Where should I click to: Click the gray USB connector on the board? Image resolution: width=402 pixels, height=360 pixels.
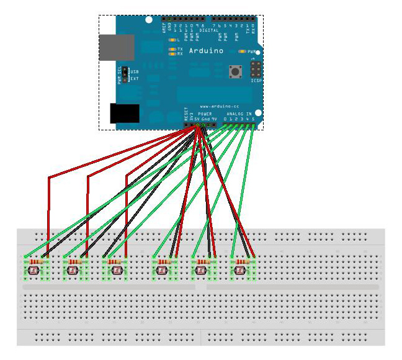pyautogui.click(x=117, y=48)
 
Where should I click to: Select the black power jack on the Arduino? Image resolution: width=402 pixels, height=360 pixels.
pyautogui.click(x=124, y=114)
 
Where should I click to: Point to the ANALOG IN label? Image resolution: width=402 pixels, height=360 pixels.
pyautogui.click(x=239, y=114)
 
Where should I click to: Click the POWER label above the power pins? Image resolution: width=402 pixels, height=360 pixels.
pyautogui.click(x=205, y=114)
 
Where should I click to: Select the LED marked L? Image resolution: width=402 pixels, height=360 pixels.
pyautogui.click(x=171, y=40)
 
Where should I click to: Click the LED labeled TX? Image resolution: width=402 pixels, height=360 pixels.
pyautogui.click(x=171, y=48)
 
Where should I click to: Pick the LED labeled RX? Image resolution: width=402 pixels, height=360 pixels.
pyautogui.click(x=171, y=54)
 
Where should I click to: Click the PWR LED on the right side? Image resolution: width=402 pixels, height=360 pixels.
pyautogui.click(x=242, y=52)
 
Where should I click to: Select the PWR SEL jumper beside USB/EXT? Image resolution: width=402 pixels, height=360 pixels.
pyautogui.click(x=124, y=75)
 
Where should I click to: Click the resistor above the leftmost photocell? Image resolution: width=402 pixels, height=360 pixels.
pyautogui.click(x=36, y=263)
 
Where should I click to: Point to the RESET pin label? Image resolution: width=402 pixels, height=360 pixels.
pyautogui.click(x=185, y=114)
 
